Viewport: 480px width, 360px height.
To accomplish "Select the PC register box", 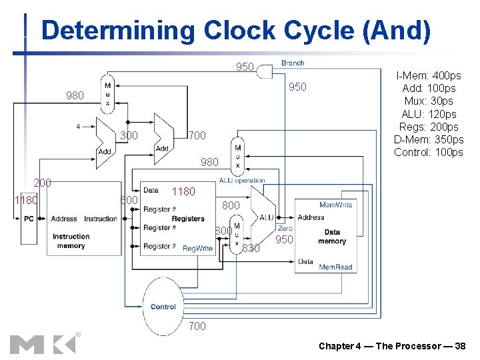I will [29, 219].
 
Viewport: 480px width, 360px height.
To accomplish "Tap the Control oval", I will [163, 307].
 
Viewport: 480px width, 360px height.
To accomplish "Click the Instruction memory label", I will [71, 241].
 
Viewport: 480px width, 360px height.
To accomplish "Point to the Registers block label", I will [188, 219].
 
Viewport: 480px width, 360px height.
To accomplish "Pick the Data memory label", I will [332, 237].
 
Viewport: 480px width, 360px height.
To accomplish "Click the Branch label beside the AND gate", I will [293, 63].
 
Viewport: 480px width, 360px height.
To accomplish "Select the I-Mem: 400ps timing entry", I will [429, 76].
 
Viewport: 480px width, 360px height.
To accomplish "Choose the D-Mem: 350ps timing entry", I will [429, 139].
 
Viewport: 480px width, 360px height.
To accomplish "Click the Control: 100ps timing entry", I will [429, 152].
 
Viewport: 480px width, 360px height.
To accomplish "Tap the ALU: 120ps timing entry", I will [429, 114].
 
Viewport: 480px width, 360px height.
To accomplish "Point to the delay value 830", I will [251, 249].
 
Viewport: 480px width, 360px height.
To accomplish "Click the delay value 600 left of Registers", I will [128, 201].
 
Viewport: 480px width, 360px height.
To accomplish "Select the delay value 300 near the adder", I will [129, 136].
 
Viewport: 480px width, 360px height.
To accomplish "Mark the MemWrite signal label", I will [336, 205].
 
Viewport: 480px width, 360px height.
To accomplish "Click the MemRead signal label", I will [335, 267].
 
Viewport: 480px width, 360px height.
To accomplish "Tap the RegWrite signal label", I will [197, 248].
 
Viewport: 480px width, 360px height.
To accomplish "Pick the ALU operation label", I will [242, 180].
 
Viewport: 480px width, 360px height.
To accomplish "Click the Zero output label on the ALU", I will [285, 228].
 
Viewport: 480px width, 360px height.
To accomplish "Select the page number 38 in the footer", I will [459, 346].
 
